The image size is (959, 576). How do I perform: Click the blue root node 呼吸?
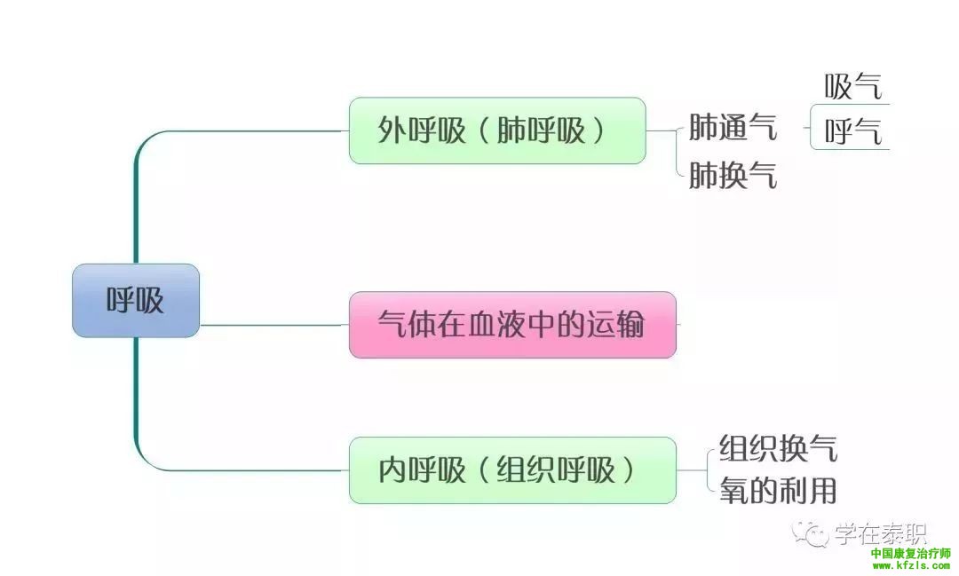coord(136,301)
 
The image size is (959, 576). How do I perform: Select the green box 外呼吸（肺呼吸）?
coord(496,130)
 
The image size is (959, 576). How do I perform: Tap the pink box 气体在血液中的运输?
coord(511,325)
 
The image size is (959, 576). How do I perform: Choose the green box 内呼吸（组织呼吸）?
coord(511,470)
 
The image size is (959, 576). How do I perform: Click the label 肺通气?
coord(733,129)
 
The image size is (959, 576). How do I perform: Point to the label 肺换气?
coord(733,176)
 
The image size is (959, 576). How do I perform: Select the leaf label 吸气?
coord(852,88)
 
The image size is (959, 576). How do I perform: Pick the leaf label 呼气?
coord(852,133)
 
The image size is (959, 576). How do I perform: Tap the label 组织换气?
coord(778,448)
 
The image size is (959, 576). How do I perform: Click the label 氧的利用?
coord(778,490)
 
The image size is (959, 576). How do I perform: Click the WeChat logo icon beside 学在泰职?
coord(812,533)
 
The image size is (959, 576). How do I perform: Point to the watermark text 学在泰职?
coord(880,533)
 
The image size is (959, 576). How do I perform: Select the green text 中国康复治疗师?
coord(910,553)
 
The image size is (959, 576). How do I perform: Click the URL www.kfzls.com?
coord(910,565)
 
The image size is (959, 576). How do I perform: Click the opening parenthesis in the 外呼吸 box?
coord(479,131)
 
